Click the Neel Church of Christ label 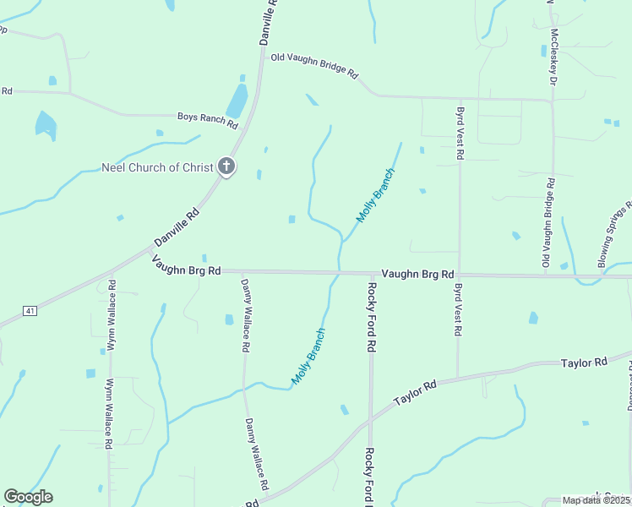click(157, 167)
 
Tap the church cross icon click(226, 166)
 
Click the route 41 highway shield click(30, 311)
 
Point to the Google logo click(28, 497)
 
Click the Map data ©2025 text click(597, 500)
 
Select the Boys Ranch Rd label click(207, 119)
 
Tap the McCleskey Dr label click(553, 57)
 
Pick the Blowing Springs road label click(615, 235)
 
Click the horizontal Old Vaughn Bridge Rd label click(314, 66)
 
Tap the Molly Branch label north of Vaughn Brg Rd click(375, 195)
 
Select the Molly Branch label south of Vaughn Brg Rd click(308, 356)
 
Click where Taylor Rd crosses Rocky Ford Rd click(370, 419)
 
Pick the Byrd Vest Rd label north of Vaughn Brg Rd click(459, 134)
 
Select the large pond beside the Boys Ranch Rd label click(237, 101)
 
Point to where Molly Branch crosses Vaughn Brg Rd click(339, 273)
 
